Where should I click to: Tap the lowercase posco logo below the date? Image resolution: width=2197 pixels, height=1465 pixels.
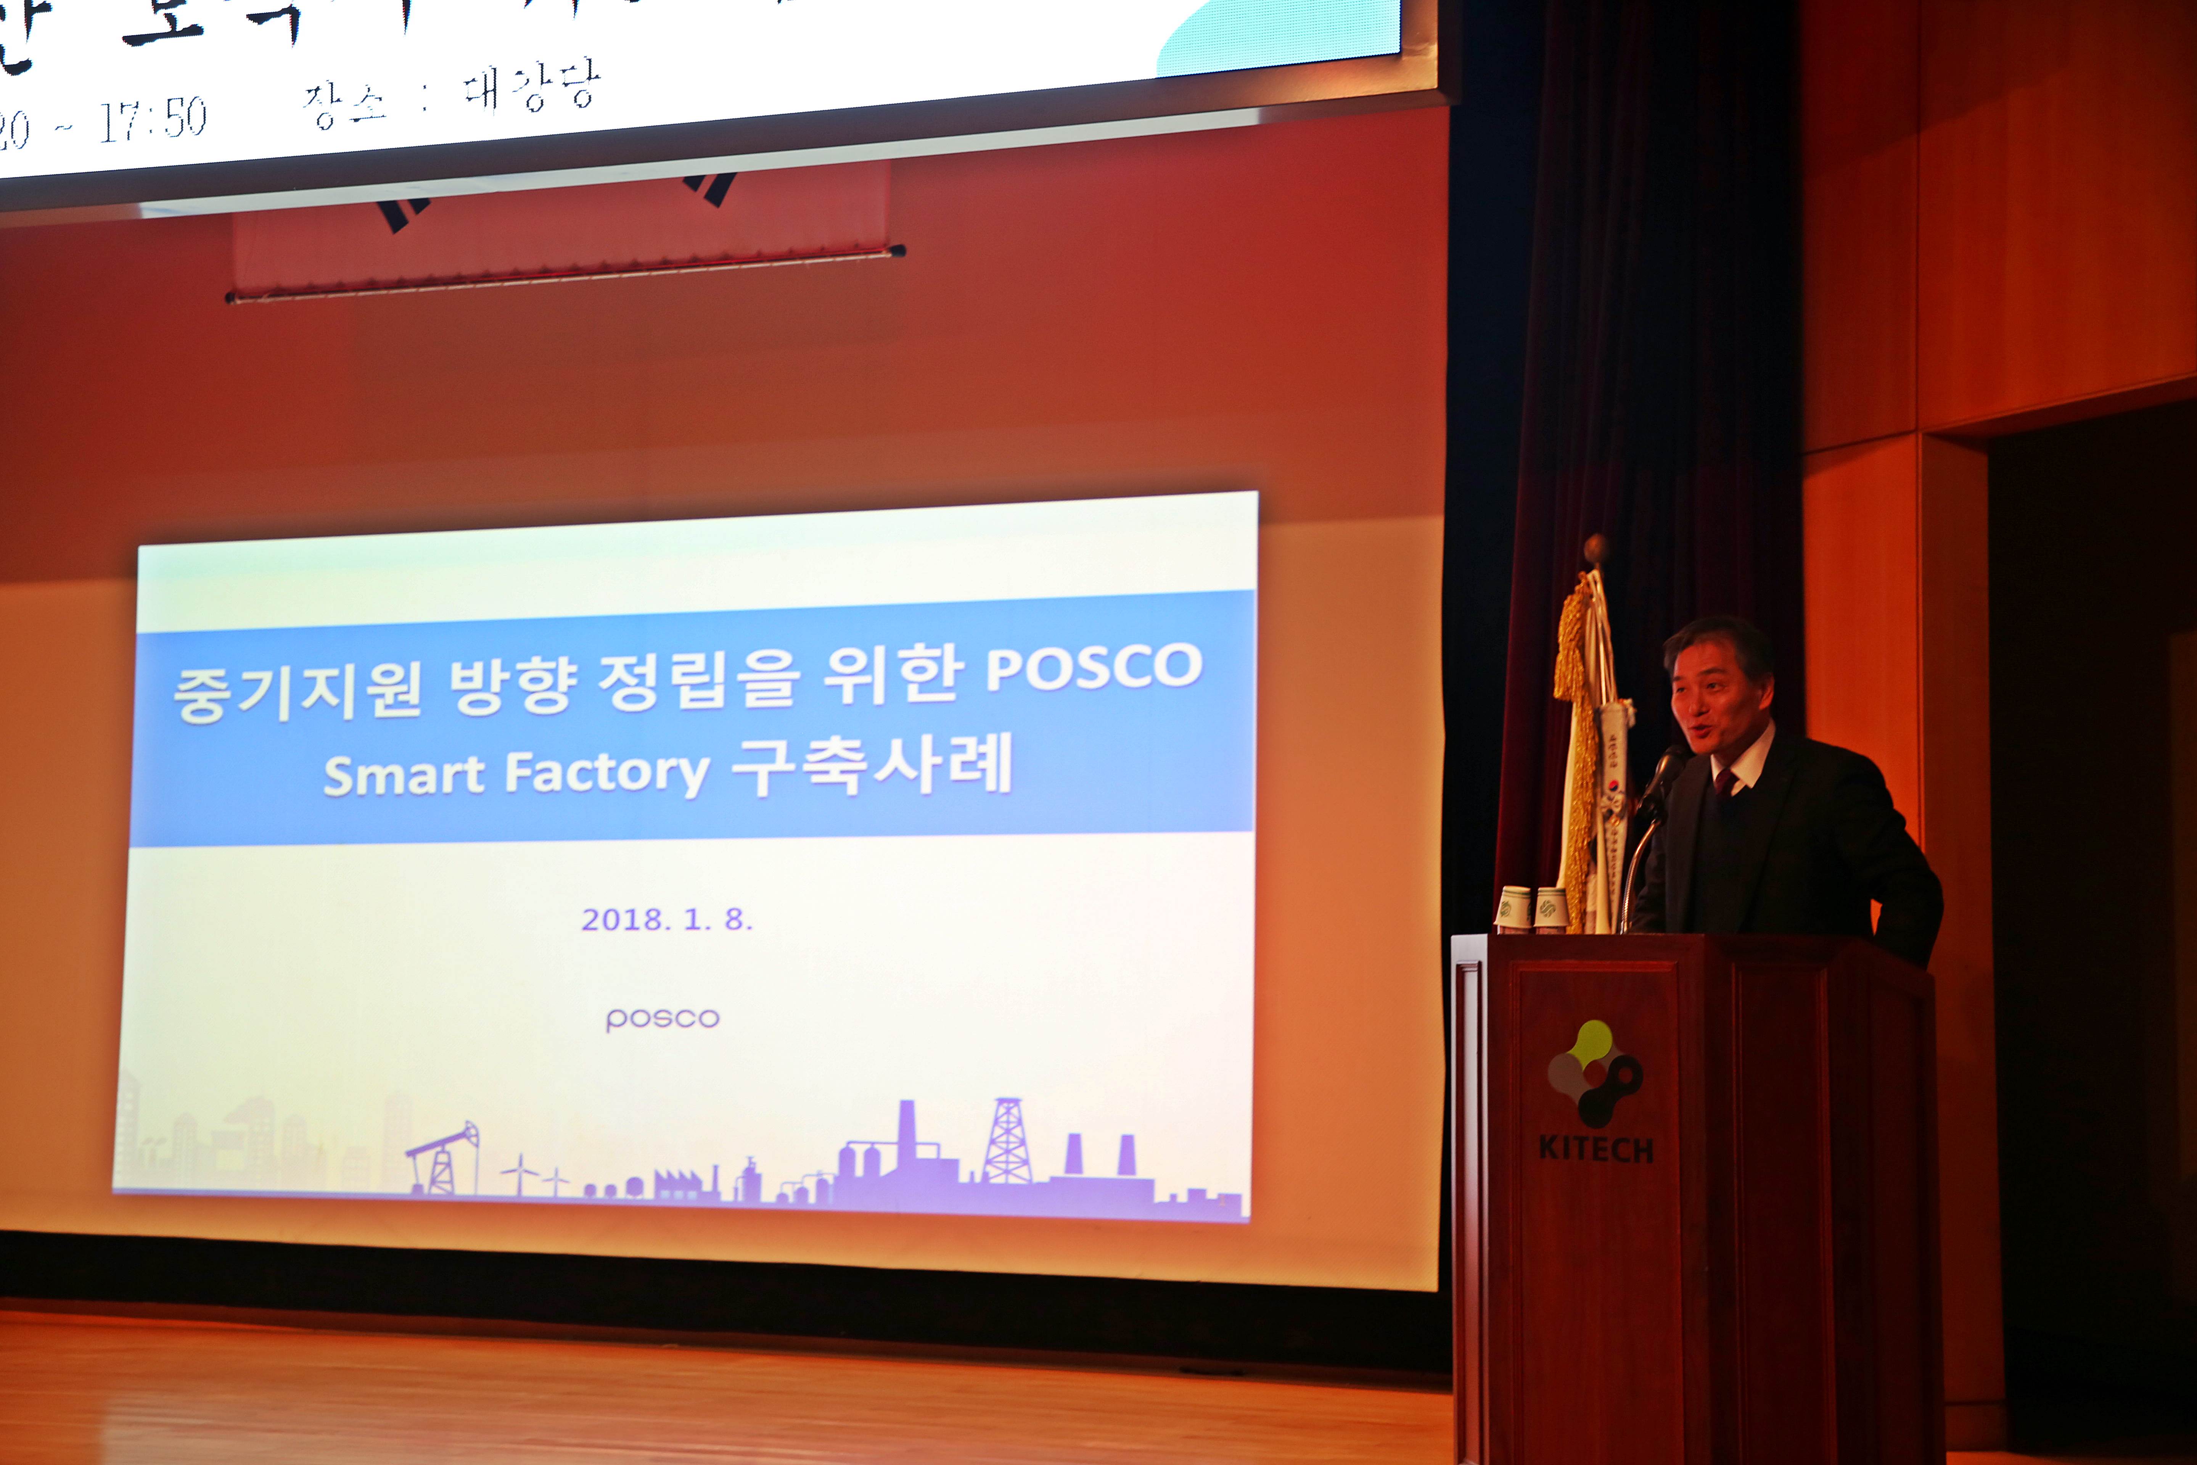coord(662,1018)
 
